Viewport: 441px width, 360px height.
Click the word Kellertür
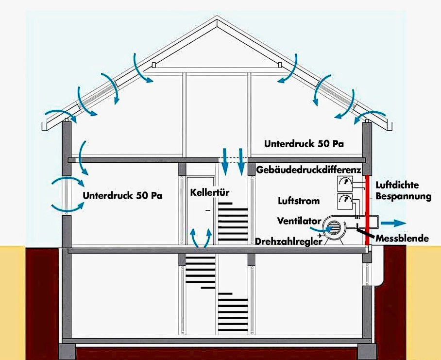210,193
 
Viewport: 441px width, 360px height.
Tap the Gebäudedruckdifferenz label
308,170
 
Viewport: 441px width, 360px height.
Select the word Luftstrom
299,201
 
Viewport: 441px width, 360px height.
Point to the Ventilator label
299,221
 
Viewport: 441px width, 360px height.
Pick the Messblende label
403,239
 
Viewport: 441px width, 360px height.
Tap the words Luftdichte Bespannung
404,190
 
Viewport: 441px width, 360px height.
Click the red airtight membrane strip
367,210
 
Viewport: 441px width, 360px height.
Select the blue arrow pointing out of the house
393,223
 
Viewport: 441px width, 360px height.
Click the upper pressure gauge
345,184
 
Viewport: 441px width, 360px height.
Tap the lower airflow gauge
345,201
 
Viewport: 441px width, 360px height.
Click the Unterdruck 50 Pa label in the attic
304,144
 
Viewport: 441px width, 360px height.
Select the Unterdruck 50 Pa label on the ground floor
122,195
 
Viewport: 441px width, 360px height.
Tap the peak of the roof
217,17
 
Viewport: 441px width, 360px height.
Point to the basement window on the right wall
367,274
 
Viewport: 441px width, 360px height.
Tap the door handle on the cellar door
208,210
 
